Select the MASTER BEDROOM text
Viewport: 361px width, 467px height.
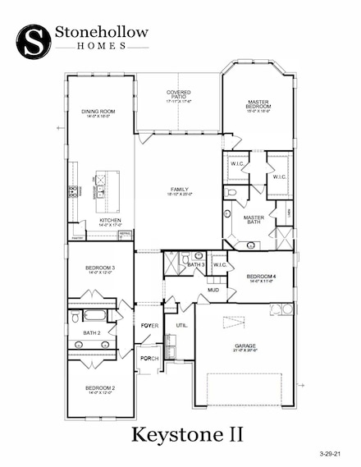pos(258,104)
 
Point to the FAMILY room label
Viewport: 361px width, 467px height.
pos(179,188)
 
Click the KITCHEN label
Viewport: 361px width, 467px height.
pos(111,221)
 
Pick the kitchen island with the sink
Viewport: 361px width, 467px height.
pos(107,185)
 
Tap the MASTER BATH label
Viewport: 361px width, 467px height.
pos(253,218)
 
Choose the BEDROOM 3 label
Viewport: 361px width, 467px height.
pos(100,268)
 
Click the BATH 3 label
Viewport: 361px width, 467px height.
pos(195,264)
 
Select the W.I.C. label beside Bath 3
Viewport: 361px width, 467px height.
pos(219,264)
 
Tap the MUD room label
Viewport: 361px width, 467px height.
pos(212,290)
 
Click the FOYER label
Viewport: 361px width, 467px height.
pos(149,326)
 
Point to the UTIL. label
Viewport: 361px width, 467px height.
pos(181,326)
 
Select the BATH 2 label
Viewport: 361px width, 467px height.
pos(91,332)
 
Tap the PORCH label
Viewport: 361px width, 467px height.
pos(149,359)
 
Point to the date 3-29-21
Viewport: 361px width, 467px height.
pos(334,452)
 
